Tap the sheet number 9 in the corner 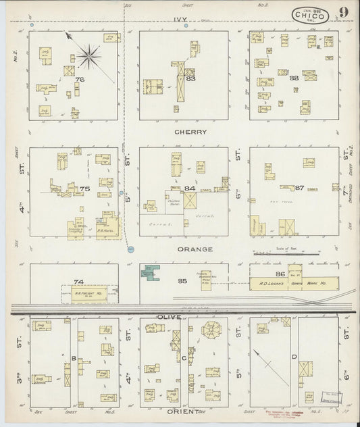click(344, 12)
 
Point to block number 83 click(191, 79)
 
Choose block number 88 click(294, 78)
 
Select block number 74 click(78, 281)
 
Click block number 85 click(181, 280)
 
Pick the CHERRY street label click(189, 132)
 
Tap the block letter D click(294, 356)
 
